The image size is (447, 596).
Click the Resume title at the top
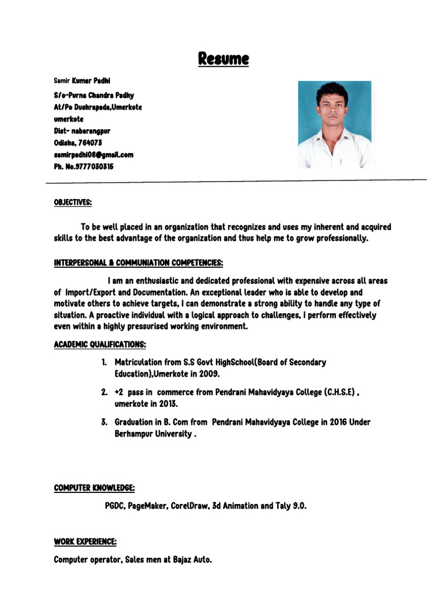(x=223, y=59)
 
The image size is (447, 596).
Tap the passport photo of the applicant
(x=334, y=125)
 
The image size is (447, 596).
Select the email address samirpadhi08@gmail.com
(x=94, y=154)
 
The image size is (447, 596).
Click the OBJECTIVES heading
(x=73, y=202)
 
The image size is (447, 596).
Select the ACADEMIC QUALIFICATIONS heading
(x=100, y=345)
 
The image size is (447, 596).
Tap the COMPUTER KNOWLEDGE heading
(x=94, y=488)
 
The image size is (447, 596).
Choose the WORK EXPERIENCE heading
(x=85, y=542)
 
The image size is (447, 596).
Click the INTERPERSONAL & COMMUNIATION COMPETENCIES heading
(x=139, y=262)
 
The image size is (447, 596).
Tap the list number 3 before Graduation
(x=104, y=422)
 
